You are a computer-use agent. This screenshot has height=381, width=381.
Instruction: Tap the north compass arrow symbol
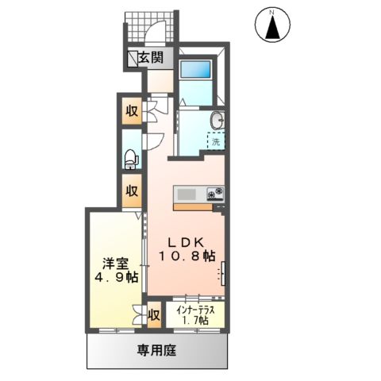[x=273, y=28]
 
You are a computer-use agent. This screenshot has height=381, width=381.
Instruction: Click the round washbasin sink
[x=216, y=121]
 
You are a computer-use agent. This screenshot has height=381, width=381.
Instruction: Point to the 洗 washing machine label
[x=215, y=142]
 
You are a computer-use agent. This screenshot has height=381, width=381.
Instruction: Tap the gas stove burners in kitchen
[x=214, y=194]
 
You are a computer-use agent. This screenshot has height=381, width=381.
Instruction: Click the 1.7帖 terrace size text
[x=194, y=320]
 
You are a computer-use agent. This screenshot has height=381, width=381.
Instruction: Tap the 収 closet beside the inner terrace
[x=155, y=315]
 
